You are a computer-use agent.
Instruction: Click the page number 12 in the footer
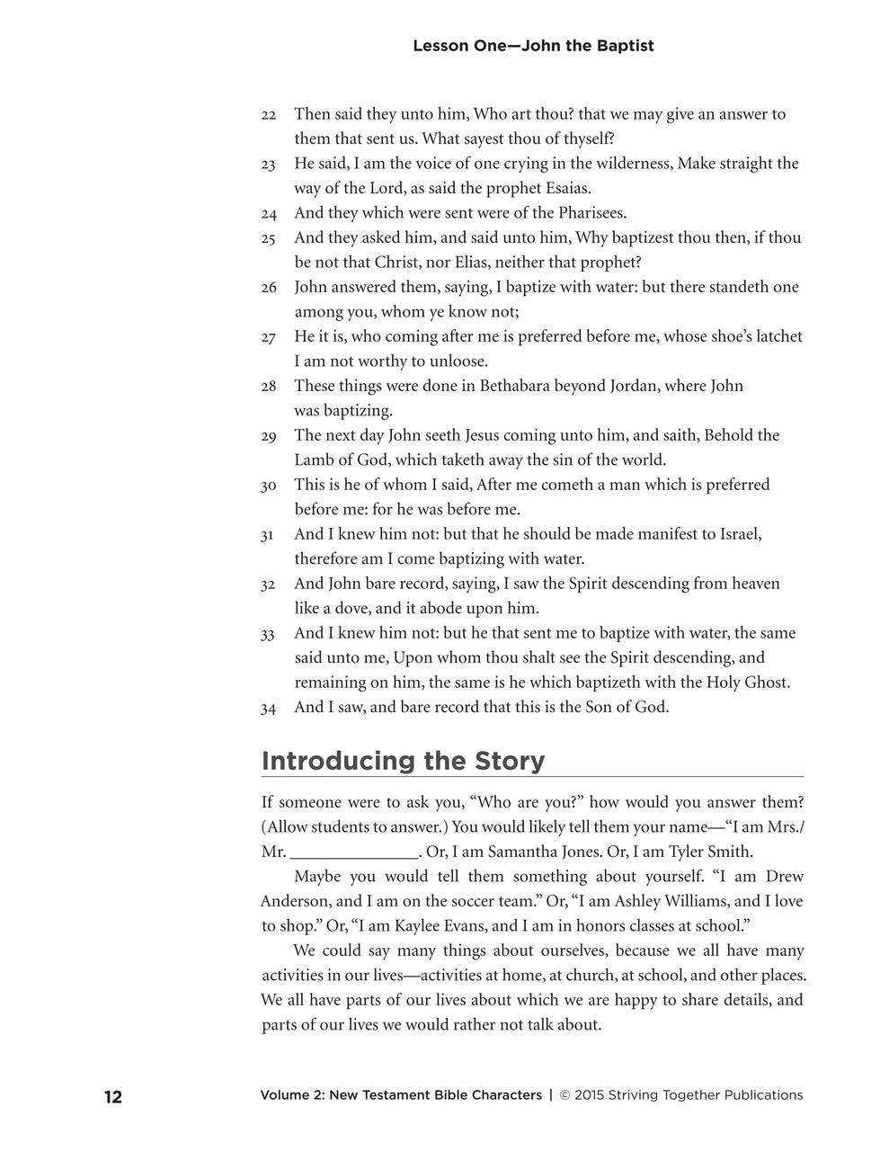(x=112, y=1096)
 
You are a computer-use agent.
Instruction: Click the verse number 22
(x=269, y=116)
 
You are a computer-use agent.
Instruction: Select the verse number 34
(x=269, y=709)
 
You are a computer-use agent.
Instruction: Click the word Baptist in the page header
(x=625, y=45)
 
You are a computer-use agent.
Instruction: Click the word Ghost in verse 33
(x=767, y=682)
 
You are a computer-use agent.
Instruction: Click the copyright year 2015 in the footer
(x=589, y=1095)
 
